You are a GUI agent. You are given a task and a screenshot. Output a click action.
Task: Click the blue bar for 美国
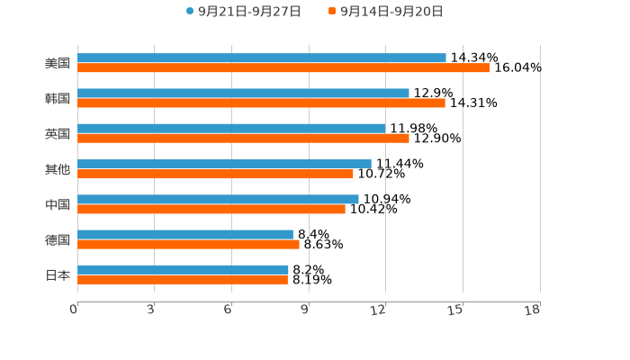click(x=261, y=58)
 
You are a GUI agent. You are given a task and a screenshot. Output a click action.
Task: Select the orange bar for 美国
click(x=283, y=67)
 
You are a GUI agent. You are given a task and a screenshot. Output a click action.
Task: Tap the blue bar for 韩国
click(x=243, y=93)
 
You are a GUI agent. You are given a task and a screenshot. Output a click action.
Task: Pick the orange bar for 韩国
click(x=261, y=103)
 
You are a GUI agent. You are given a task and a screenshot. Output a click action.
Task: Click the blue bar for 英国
click(x=231, y=128)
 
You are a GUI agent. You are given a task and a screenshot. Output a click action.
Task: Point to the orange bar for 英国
click(x=243, y=138)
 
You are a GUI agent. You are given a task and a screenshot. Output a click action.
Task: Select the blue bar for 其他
click(x=224, y=164)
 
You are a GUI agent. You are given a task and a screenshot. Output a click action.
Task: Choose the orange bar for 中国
click(x=211, y=209)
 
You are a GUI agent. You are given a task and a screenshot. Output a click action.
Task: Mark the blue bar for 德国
click(x=185, y=234)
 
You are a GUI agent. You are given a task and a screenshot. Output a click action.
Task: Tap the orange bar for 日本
click(x=183, y=279)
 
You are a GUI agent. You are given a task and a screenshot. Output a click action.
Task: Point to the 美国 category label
click(x=58, y=63)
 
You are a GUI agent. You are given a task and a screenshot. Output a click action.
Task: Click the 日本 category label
click(x=58, y=274)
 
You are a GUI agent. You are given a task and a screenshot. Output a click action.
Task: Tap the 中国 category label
click(x=58, y=204)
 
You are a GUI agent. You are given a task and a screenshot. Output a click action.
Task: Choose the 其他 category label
click(x=58, y=169)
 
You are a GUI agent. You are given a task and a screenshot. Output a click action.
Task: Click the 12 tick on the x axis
click(x=379, y=310)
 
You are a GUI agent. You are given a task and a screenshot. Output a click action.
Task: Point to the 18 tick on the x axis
click(x=533, y=310)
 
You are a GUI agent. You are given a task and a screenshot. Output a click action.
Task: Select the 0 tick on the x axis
click(x=74, y=310)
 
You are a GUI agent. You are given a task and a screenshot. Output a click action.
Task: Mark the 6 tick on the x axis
click(x=229, y=310)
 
